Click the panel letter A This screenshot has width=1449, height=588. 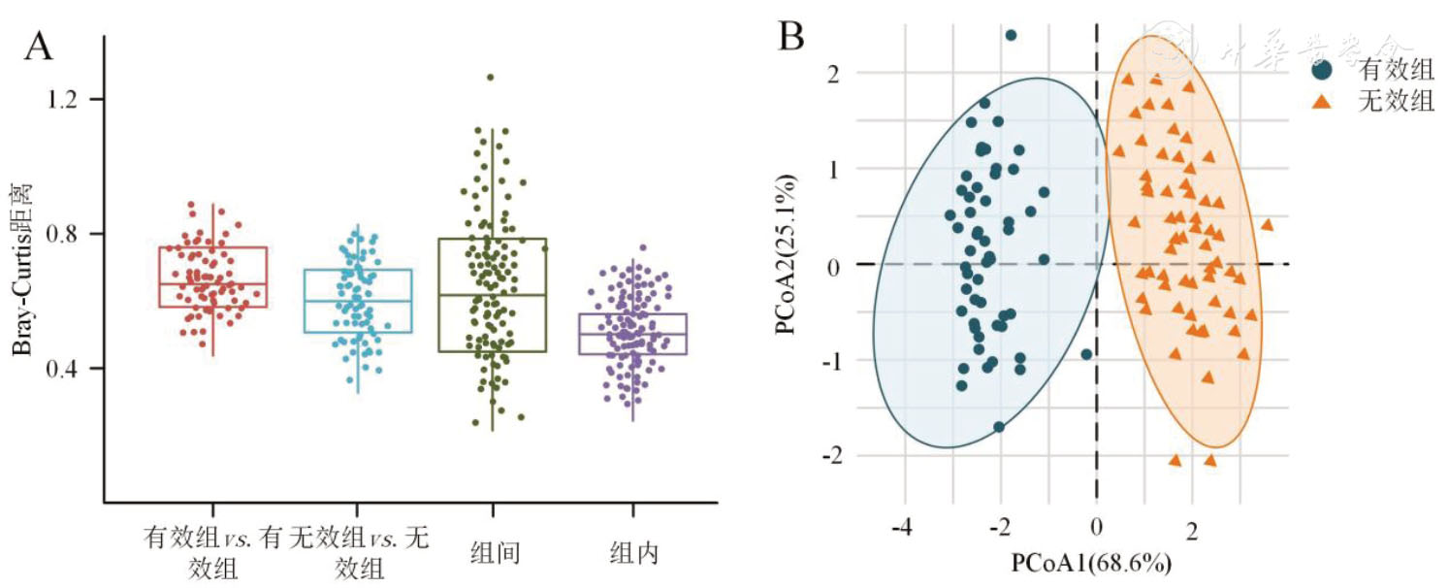[x=39, y=46]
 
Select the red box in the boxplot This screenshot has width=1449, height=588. [x=212, y=277]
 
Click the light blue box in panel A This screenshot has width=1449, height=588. [x=358, y=301]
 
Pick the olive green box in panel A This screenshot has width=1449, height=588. [x=493, y=294]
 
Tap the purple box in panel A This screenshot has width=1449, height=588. [x=632, y=334]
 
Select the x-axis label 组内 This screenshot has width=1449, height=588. [x=634, y=553]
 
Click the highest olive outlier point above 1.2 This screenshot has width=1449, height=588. [x=491, y=77]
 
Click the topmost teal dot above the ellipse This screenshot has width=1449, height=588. [x=1011, y=35]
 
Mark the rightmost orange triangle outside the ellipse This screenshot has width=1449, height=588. [x=1267, y=224]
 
